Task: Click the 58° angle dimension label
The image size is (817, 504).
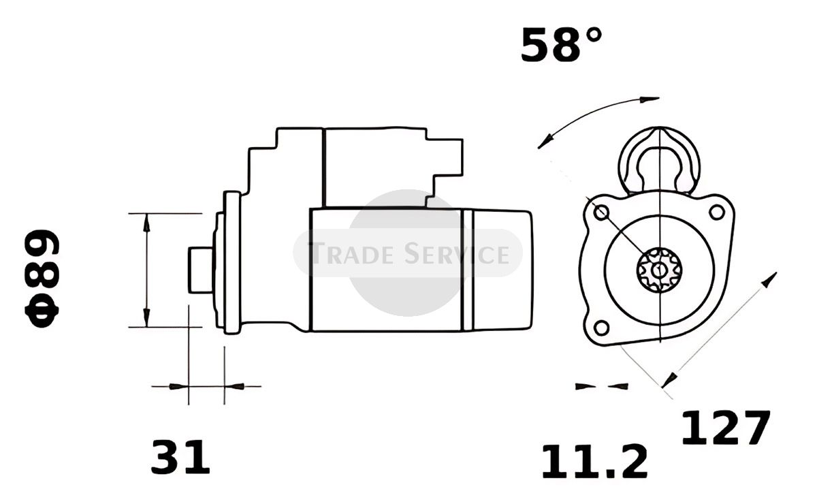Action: (x=561, y=45)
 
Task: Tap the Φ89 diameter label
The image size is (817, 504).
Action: (x=42, y=279)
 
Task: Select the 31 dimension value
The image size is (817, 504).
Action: (x=180, y=457)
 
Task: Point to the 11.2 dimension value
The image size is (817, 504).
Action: (x=595, y=462)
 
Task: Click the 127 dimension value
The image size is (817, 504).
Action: (x=726, y=428)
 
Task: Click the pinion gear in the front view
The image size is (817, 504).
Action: (x=660, y=270)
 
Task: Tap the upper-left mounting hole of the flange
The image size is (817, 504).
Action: (x=601, y=212)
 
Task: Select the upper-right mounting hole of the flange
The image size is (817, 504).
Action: (x=717, y=212)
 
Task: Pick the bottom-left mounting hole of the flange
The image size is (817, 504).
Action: (x=601, y=328)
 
